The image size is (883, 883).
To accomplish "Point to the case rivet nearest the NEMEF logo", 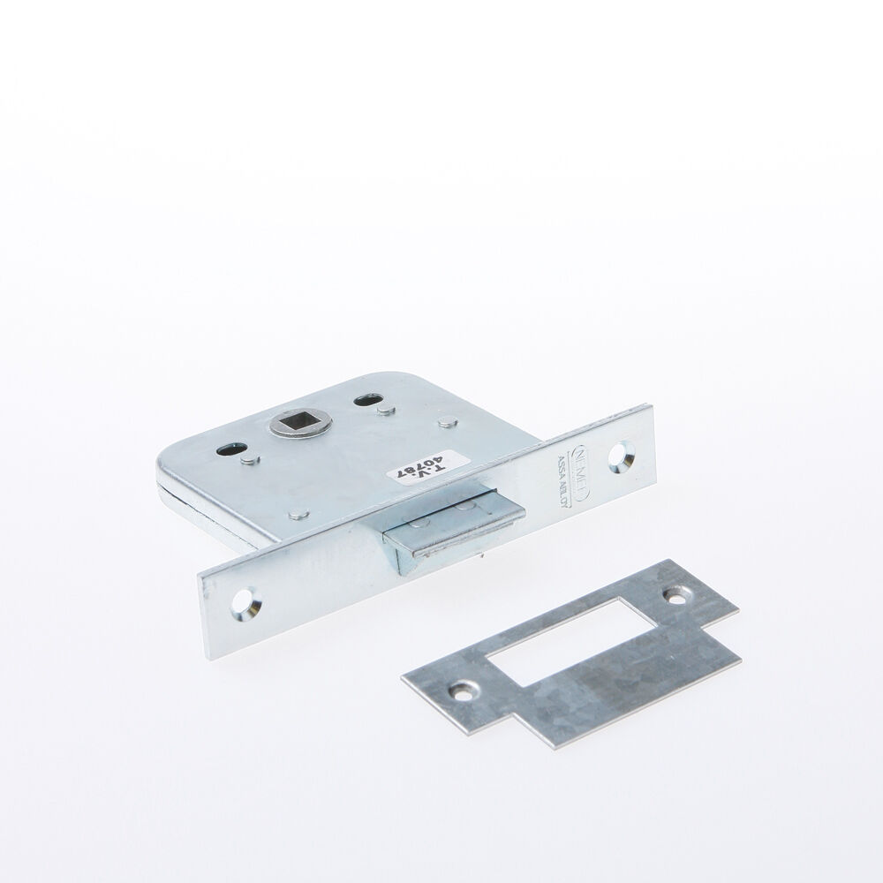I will click(x=449, y=424).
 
